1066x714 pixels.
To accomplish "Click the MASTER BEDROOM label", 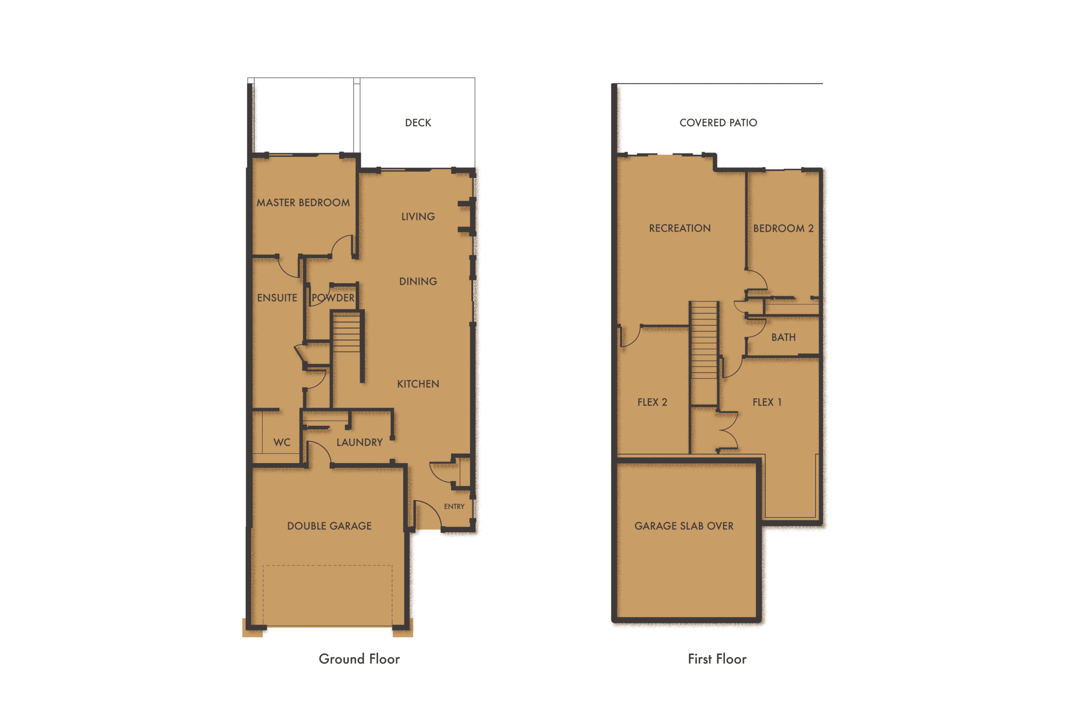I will tap(303, 202).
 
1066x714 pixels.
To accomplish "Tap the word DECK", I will tap(418, 123).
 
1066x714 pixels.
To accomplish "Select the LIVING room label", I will tap(418, 217).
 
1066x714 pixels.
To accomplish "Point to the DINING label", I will tap(418, 282).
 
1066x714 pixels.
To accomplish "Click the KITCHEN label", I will tap(418, 384).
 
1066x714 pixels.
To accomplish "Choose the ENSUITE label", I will tap(277, 298).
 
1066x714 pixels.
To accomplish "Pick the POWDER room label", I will tap(333, 298).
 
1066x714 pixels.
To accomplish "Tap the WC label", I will tap(282, 442).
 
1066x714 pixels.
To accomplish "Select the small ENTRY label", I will tap(454, 507).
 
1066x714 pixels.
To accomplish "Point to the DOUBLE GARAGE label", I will tap(329, 526).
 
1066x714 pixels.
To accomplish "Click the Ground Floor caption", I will tap(359, 659).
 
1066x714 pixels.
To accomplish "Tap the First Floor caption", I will tap(717, 659).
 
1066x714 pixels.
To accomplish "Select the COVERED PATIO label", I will tap(718, 123).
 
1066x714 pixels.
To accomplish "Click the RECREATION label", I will tap(680, 228).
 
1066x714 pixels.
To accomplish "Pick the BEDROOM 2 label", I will tap(783, 228).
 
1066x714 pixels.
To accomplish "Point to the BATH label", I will tap(783, 337).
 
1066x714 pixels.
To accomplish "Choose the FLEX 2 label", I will tap(652, 402).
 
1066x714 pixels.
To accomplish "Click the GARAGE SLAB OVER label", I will tap(684, 526).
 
